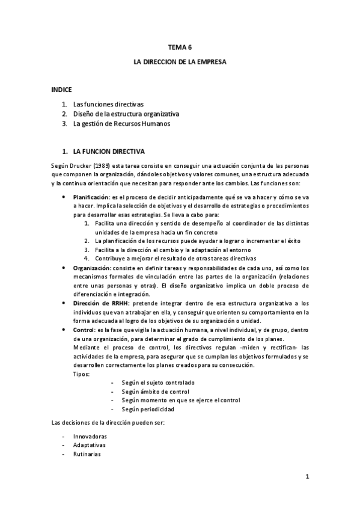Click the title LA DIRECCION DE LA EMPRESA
pos(180,61)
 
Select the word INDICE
pos(61,89)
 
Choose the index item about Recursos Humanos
pos(121,124)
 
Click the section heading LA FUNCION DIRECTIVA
pos(108,151)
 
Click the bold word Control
pos(83,330)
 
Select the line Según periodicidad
pos(147,409)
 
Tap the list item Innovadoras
pos(90,435)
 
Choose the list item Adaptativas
pos(89,444)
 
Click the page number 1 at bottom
pos(307,479)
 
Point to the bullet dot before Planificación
pos(64,197)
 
